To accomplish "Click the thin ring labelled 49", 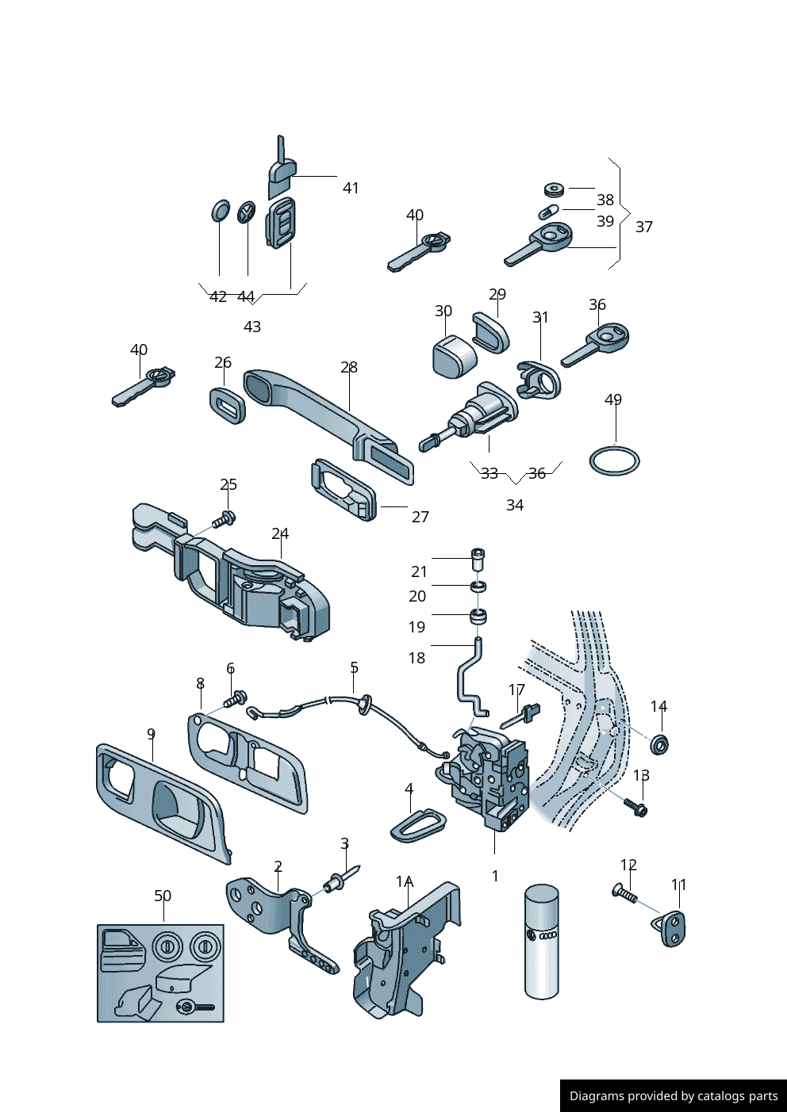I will click(x=614, y=461).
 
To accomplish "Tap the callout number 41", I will click(x=351, y=188).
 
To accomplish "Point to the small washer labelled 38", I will click(x=554, y=189).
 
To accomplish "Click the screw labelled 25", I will click(x=225, y=520).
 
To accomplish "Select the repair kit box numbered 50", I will click(x=160, y=973).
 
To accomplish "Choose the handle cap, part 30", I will click(x=453, y=357).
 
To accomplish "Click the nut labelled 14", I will click(x=658, y=744).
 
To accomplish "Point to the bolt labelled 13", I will click(x=636, y=808).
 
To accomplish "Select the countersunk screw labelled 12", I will click(x=625, y=893).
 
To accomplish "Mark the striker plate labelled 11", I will click(x=674, y=928).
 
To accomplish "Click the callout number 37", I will click(x=644, y=227).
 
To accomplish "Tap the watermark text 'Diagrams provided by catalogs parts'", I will click(x=674, y=1096).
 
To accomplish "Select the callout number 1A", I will click(x=405, y=881).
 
